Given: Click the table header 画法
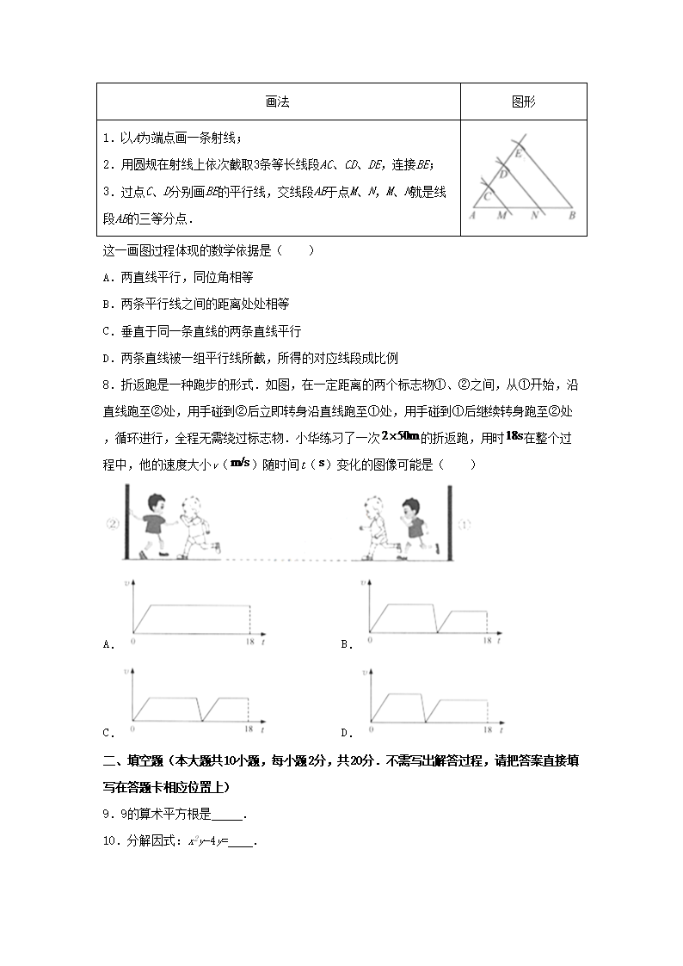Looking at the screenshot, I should pyautogui.click(x=277, y=102).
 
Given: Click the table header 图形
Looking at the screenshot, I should pyautogui.click(x=523, y=102).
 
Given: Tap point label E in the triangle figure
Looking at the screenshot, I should pyautogui.click(x=519, y=154).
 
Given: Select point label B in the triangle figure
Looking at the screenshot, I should pyautogui.click(x=571, y=216).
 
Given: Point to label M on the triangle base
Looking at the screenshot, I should pyautogui.click(x=501, y=216).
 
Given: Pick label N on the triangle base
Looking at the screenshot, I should pyautogui.click(x=534, y=216).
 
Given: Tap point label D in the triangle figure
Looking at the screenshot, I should pyautogui.click(x=503, y=173).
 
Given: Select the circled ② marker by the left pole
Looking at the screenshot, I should pyautogui.click(x=112, y=523).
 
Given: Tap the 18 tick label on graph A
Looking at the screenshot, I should pyautogui.click(x=249, y=642).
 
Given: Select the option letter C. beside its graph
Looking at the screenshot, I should pyautogui.click(x=108, y=733).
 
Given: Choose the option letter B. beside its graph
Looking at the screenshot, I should pyautogui.click(x=347, y=644).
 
